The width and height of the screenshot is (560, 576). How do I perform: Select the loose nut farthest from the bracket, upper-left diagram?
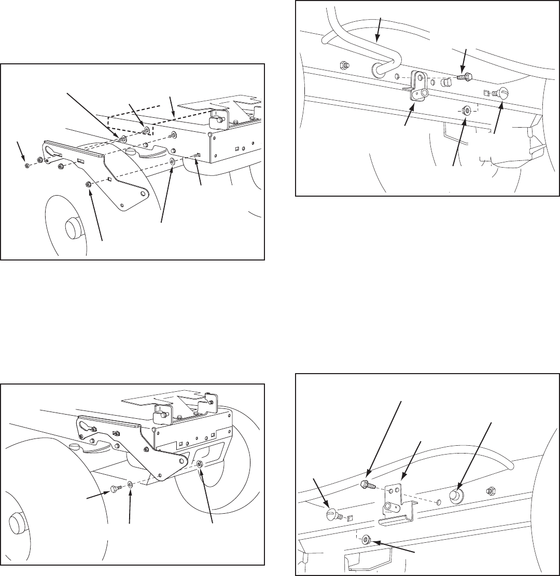click(27, 166)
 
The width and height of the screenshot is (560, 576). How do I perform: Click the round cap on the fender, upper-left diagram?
click(132, 152)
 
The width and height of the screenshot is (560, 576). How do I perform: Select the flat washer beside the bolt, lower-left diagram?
click(130, 486)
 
